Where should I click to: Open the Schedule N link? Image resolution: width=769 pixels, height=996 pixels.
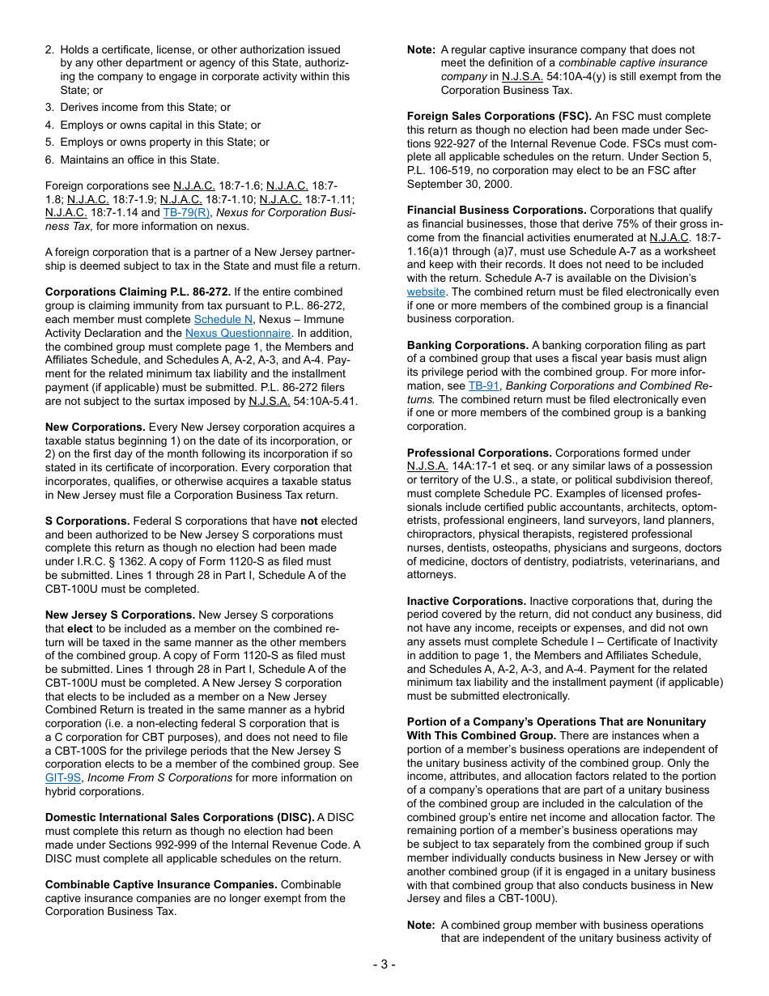[223, 319]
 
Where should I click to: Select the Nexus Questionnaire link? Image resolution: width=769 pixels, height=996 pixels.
[238, 333]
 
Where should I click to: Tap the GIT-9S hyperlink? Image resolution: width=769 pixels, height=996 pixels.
[63, 777]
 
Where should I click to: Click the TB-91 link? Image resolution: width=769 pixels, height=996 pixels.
[483, 386]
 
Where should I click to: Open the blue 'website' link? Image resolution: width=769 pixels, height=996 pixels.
[426, 292]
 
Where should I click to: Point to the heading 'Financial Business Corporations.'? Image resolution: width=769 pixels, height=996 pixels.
[496, 211]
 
